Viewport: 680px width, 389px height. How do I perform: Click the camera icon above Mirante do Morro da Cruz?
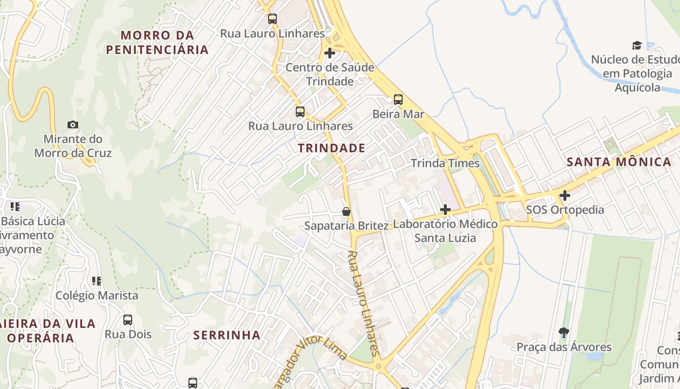73,125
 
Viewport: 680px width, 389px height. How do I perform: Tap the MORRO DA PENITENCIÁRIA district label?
157,42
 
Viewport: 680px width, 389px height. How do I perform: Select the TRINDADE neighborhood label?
331,148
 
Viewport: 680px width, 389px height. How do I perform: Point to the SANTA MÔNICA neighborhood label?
619,162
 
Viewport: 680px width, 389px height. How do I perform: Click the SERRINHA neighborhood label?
227,335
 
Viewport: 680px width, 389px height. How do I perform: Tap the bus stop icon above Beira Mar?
398,100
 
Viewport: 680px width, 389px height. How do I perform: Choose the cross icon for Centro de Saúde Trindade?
330,53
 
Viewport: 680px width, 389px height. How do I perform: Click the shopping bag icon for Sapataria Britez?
346,212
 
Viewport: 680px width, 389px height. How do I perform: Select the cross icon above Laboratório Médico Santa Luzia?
445,210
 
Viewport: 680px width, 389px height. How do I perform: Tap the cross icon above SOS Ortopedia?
564,195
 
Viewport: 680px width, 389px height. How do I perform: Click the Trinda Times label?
445,163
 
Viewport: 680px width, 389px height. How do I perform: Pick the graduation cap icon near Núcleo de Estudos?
637,46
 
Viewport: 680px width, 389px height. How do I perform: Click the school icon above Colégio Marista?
97,281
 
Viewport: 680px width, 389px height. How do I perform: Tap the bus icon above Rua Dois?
128,320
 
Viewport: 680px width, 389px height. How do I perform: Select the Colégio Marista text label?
97,296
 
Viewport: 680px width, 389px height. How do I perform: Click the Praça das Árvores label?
564,347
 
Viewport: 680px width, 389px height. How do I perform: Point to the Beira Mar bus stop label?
398,114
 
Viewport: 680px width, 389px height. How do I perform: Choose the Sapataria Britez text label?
346,226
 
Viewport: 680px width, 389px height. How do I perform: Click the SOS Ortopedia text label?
565,210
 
